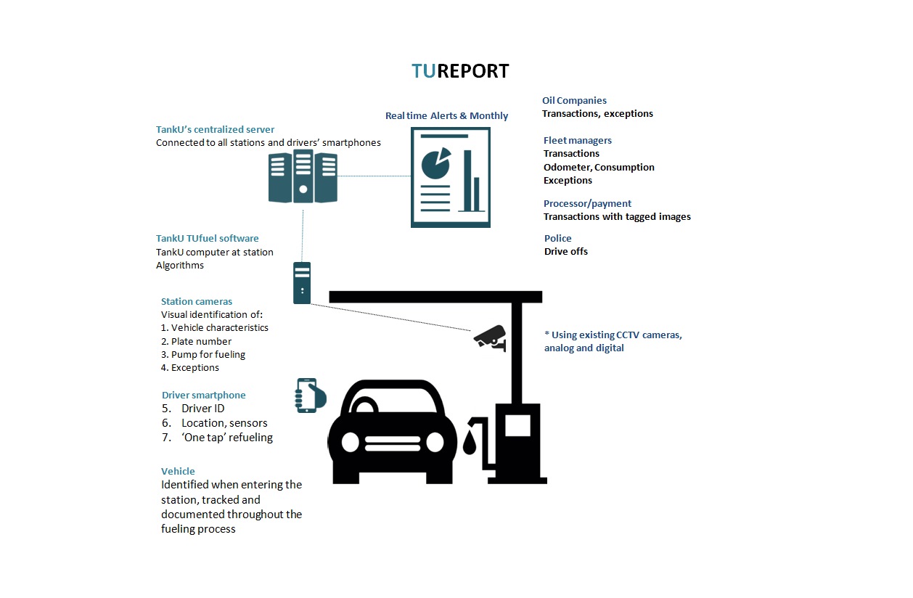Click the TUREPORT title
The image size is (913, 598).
click(460, 71)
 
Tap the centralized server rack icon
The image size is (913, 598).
click(303, 176)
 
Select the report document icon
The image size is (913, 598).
click(451, 177)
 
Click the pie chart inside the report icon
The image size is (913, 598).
click(435, 163)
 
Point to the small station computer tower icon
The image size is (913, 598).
click(302, 283)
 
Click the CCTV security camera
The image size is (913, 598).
click(491, 338)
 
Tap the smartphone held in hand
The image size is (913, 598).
click(310, 396)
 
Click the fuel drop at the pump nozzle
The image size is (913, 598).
click(470, 443)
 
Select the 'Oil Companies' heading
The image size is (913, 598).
click(574, 100)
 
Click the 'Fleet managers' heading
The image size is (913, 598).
click(578, 140)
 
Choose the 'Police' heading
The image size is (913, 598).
click(557, 238)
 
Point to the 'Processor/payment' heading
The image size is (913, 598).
click(587, 203)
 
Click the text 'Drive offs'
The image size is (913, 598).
click(566, 252)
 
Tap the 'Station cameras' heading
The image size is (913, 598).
click(197, 301)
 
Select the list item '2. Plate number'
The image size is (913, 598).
click(196, 341)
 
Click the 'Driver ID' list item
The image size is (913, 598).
click(193, 408)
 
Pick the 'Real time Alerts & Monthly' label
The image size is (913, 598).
click(447, 116)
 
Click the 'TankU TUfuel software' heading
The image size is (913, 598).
click(207, 238)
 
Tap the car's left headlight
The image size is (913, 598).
click(350, 443)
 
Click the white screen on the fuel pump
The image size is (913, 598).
click(517, 425)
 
